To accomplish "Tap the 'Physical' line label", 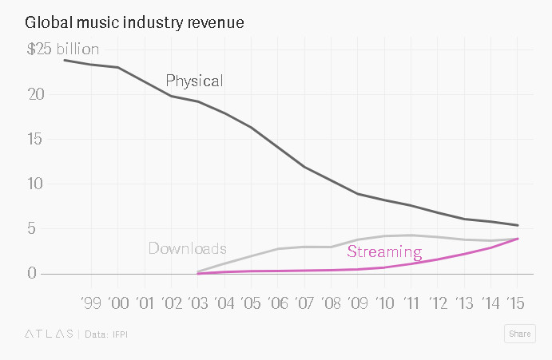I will pyautogui.click(x=194, y=81).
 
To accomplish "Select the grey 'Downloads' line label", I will pyautogui.click(x=187, y=248).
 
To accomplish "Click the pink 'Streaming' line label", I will pyautogui.click(x=384, y=253).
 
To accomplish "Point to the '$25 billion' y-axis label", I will pyautogui.click(x=63, y=49).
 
